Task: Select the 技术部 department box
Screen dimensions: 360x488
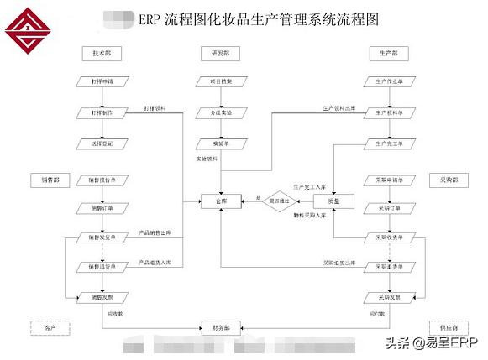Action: pos(102,54)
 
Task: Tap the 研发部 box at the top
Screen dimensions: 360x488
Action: pos(220,54)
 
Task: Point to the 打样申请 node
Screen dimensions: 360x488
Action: pos(102,81)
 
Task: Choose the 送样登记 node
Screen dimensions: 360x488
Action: pos(102,143)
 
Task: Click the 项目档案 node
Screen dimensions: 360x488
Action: pos(220,81)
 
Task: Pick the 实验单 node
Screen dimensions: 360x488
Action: pos(220,143)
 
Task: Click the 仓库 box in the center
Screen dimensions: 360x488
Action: pos(220,201)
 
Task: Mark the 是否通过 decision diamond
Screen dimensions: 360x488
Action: pos(281,201)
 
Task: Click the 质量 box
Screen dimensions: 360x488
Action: pos(333,201)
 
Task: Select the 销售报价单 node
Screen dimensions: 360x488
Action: pos(102,180)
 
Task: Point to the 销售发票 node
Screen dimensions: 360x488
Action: pos(102,297)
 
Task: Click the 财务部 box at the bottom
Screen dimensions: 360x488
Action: pos(220,326)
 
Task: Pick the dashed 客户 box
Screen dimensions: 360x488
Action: pos(48,326)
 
